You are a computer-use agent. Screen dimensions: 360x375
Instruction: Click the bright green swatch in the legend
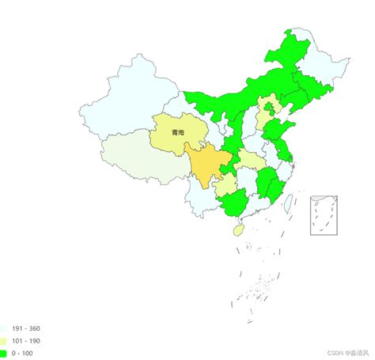click(4, 354)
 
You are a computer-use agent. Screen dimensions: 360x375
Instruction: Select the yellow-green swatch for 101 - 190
click(4, 340)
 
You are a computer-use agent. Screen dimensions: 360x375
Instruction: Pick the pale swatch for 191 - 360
click(4, 327)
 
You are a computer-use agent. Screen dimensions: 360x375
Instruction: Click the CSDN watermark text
click(343, 354)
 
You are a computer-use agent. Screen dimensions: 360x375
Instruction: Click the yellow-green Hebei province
click(261, 123)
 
